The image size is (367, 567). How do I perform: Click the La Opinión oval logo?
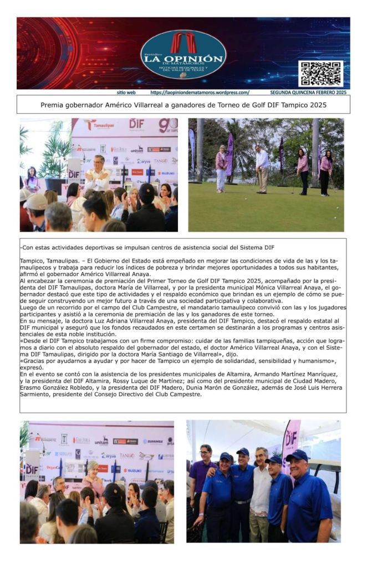point(183,54)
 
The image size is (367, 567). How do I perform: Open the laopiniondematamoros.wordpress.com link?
point(200,93)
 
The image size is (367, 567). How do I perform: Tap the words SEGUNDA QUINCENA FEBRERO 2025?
point(308,93)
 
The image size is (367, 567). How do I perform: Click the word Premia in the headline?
point(54,104)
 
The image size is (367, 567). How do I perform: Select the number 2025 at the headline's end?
point(315,104)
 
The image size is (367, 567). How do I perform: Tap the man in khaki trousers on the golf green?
point(262,166)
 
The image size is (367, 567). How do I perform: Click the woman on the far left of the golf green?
point(221,167)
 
